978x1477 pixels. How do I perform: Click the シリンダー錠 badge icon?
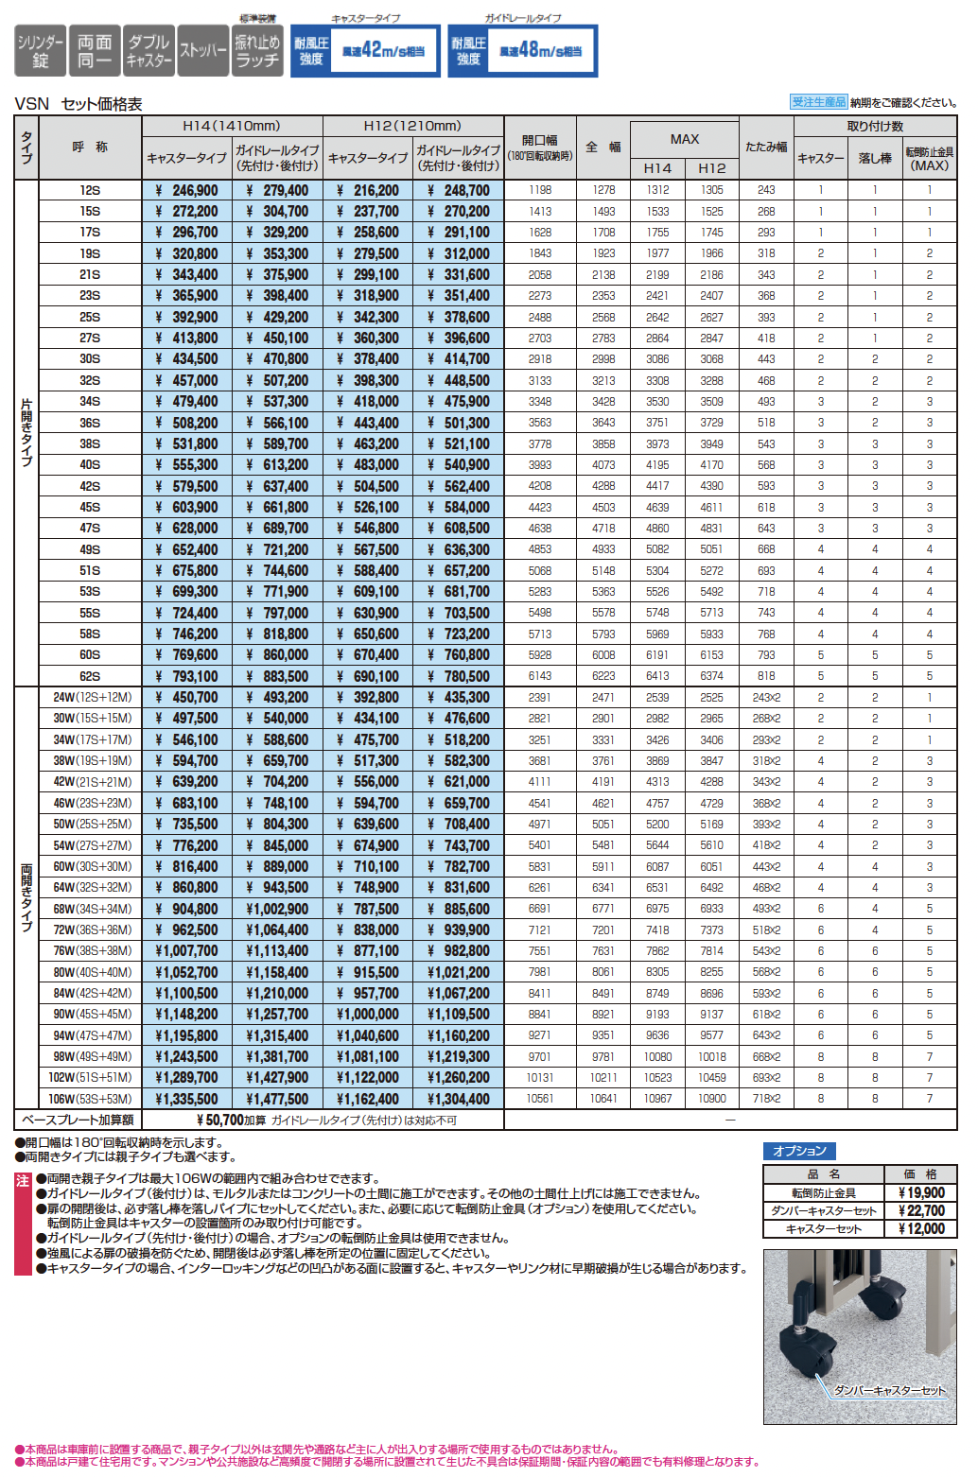pyautogui.click(x=41, y=51)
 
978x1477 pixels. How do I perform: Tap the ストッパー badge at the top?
pyautogui.click(x=202, y=51)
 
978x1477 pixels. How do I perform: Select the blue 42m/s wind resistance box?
pyautogui.click(x=366, y=50)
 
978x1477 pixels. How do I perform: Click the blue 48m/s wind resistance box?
pyautogui.click(x=523, y=50)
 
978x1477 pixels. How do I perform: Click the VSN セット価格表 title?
pyautogui.click(x=79, y=104)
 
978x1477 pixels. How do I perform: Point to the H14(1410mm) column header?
pyautogui.click(x=232, y=126)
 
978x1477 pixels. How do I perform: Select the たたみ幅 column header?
pyautogui.click(x=765, y=147)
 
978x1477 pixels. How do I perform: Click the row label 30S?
pyautogui.click(x=90, y=359)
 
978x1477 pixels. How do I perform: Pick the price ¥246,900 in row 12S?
pyautogui.click(x=187, y=190)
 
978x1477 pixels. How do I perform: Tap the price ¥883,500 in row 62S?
pyautogui.click(x=278, y=676)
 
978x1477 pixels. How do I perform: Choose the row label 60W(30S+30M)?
pyautogui.click(x=92, y=866)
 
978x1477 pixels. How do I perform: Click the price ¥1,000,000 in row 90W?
pyautogui.click(x=368, y=1015)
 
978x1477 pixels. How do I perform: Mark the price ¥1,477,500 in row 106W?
pyautogui.click(x=277, y=1099)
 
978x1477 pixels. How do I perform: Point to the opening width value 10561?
pyautogui.click(x=540, y=1099)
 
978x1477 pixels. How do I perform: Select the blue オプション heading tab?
pyautogui.click(x=799, y=1151)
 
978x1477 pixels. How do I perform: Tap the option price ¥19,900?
pyautogui.click(x=920, y=1193)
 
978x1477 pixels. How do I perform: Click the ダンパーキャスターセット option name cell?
pyautogui.click(x=824, y=1211)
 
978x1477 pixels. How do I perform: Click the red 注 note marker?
pyautogui.click(x=23, y=1181)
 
